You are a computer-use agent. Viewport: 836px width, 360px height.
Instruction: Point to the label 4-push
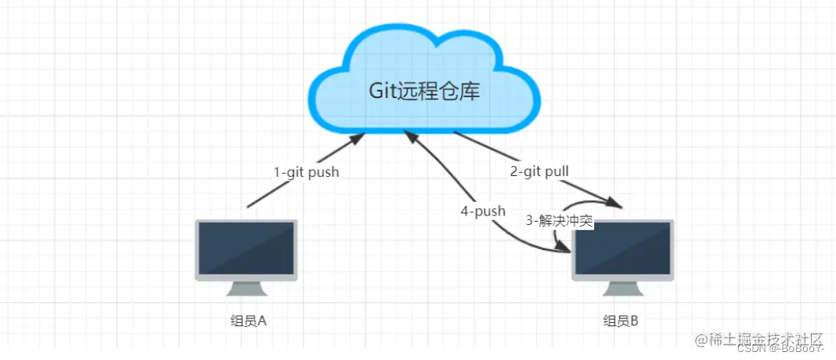tap(482, 211)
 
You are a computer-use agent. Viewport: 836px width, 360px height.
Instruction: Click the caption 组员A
tap(248, 321)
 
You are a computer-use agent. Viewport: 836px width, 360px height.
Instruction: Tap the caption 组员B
tap(621, 321)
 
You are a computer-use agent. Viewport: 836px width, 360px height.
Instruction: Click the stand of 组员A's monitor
tap(246, 288)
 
